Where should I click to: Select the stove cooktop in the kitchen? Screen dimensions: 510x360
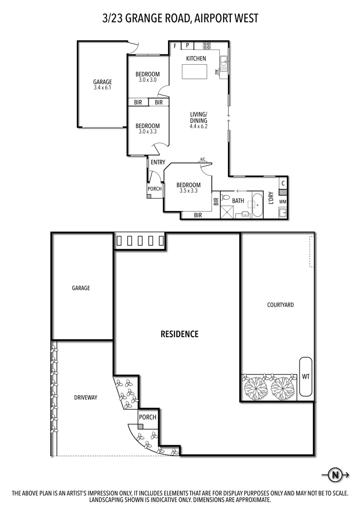(x=207, y=46)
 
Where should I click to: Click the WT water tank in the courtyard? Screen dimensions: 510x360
(x=305, y=376)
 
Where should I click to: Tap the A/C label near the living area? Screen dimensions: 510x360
(x=203, y=160)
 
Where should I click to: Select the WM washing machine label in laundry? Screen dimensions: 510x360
(x=283, y=202)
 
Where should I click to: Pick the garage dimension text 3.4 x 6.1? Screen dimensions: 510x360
(x=102, y=87)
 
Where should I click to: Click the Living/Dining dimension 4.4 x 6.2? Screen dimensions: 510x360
(x=199, y=126)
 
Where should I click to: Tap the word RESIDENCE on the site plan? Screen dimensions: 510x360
(x=180, y=334)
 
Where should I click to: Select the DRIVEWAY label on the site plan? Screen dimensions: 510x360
(x=85, y=398)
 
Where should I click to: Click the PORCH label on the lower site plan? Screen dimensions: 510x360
(x=148, y=417)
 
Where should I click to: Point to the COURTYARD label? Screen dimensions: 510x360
(x=280, y=305)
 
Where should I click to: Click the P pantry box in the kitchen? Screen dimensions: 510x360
(x=187, y=46)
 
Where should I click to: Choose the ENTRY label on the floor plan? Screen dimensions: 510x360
(x=158, y=162)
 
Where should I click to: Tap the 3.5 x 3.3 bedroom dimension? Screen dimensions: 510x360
(x=188, y=191)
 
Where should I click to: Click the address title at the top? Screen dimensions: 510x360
(x=180, y=18)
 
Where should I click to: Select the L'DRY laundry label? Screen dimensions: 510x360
(x=271, y=197)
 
